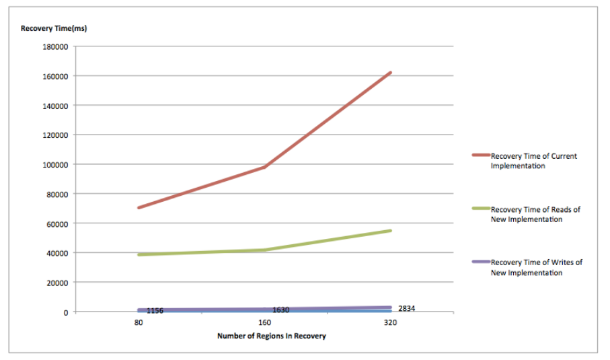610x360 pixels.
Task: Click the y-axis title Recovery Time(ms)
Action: [54, 28]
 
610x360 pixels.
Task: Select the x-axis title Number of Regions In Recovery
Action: [271, 336]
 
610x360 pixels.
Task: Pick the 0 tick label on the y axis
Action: [65, 312]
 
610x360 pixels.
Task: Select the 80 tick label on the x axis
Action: [138, 323]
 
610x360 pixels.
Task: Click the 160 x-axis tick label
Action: [264, 323]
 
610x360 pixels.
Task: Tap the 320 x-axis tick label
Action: [390, 323]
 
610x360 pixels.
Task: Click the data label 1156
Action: [155, 310]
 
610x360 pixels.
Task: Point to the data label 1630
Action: [280, 310]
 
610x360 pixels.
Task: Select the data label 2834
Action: [406, 308]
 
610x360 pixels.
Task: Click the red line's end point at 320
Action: [390, 73]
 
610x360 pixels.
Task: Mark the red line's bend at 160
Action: [264, 167]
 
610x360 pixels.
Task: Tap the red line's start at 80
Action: [138, 208]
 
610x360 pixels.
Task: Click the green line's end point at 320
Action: [390, 231]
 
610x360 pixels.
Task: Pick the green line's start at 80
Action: [138, 255]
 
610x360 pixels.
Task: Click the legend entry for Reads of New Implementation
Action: [535, 214]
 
